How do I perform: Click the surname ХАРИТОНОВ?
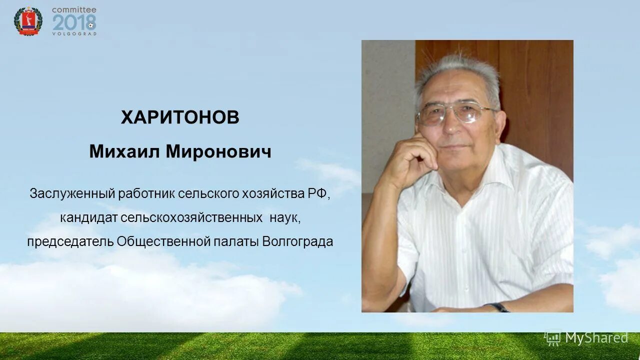pos(180,118)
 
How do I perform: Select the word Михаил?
pos(125,151)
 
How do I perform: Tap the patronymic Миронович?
pos(218,151)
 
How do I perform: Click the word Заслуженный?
pos(72,193)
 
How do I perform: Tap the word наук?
pos(285,218)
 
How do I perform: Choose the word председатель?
pos(70,242)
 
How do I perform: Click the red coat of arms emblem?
pos(28,21)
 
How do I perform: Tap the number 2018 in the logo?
pos(73,23)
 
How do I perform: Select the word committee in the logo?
pos(74,9)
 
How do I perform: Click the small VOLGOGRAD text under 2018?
pos(74,34)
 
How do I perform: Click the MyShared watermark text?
pos(596,338)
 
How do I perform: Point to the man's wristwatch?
pos(498,306)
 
